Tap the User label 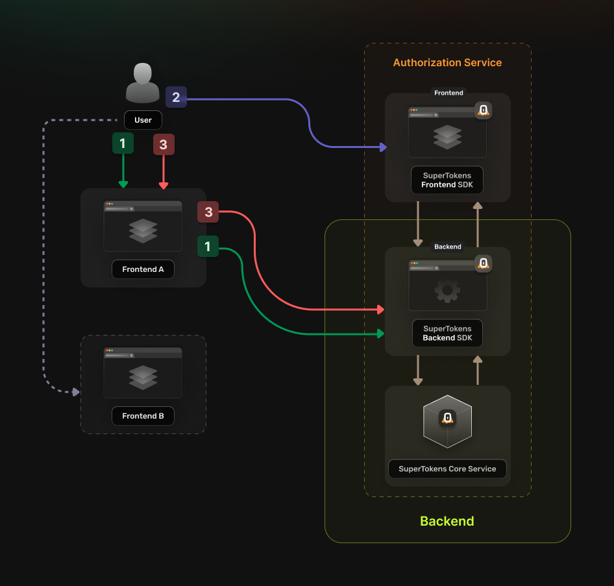(143, 120)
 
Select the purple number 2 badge (176, 97)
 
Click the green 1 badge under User (123, 143)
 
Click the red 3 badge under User (163, 145)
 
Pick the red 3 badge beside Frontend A (208, 212)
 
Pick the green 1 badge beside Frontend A (208, 247)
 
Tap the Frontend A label (143, 269)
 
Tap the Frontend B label (143, 416)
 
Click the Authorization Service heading (447, 63)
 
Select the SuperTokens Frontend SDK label (447, 180)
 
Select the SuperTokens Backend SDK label (447, 334)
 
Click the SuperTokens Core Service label (447, 469)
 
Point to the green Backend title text (447, 521)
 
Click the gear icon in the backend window (447, 291)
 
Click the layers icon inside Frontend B (143, 377)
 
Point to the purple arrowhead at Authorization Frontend (382, 148)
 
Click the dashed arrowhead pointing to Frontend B (76, 392)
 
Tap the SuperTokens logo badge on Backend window (483, 263)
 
